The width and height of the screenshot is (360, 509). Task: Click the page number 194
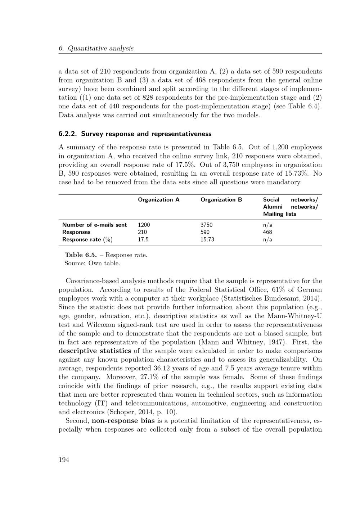pos(64,459)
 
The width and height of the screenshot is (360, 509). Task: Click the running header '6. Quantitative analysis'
pos(96,48)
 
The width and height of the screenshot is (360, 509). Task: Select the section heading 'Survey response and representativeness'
pos(146,134)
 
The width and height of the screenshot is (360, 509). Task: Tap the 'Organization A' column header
pos(158,200)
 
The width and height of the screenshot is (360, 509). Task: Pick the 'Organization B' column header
pos(221,200)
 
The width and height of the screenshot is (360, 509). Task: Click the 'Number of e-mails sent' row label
pos(94,225)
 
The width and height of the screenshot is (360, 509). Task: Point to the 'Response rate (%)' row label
pos(87,239)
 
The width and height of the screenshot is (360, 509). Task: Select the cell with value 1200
pos(144,225)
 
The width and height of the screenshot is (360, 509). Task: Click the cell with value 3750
pos(206,225)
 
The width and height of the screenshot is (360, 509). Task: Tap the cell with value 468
pos(267,232)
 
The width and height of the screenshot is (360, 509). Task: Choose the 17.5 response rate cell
pos(143,239)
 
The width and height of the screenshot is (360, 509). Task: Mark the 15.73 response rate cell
pos(207,239)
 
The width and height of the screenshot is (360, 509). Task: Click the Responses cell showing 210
pos(142,232)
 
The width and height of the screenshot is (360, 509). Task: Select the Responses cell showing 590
pos(205,232)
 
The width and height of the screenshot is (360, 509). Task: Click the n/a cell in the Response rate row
pos(267,239)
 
